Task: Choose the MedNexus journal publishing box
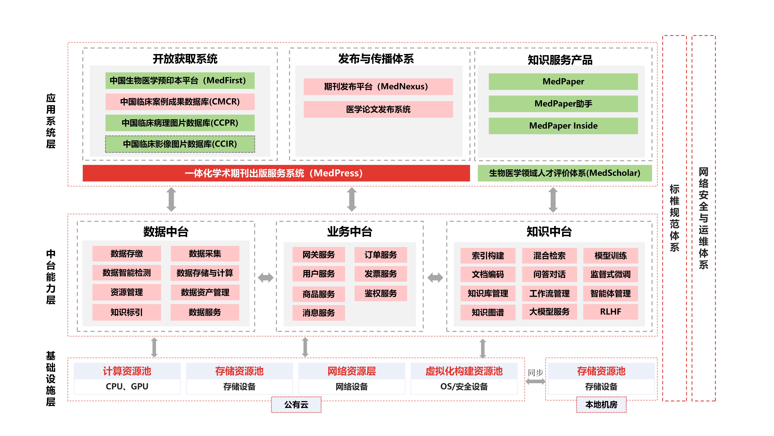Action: [x=378, y=87]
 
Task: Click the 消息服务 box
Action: [x=318, y=313]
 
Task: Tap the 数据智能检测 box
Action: [x=126, y=273]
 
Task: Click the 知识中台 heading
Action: [x=549, y=232]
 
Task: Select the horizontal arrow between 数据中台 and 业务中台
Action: [x=266, y=277]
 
